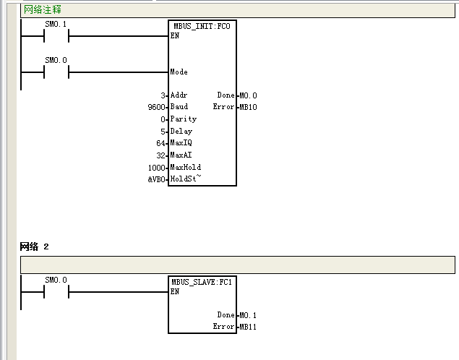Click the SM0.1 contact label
click(x=56, y=24)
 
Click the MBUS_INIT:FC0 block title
click(x=202, y=26)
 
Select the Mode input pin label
click(x=179, y=72)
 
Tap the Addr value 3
click(x=163, y=95)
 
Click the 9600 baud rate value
click(x=157, y=107)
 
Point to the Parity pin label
click(x=184, y=119)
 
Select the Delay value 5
click(x=163, y=132)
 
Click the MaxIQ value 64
click(x=160, y=143)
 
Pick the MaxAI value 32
click(x=160, y=155)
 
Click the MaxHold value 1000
click(x=157, y=168)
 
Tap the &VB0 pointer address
click(x=157, y=179)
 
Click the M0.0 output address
click(x=248, y=95)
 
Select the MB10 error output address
click(x=248, y=107)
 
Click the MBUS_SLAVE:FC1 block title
click(x=202, y=282)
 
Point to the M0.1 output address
click(x=248, y=315)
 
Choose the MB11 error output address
click(x=248, y=327)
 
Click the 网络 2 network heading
click(x=34, y=247)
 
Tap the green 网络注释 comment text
click(x=43, y=9)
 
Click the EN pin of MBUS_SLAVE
click(x=175, y=291)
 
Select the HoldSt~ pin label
click(x=186, y=179)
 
